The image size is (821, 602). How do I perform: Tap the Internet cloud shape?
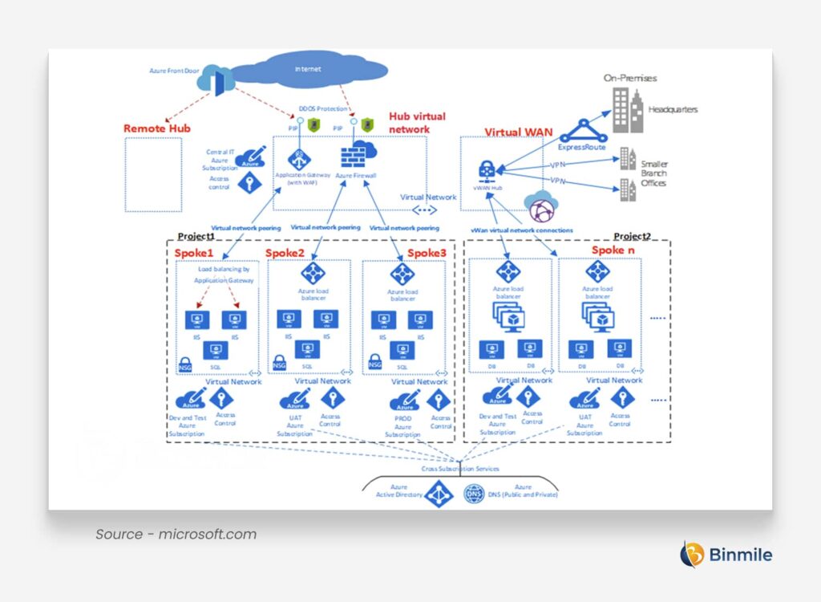[308, 70]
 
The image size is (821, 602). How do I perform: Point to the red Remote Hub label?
[157, 128]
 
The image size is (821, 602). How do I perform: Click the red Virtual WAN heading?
[519, 132]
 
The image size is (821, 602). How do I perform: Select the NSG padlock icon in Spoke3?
[374, 363]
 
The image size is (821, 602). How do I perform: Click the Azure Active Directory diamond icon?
[439, 493]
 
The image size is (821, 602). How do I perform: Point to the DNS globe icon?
[474, 493]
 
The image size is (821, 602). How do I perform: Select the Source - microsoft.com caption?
[176, 534]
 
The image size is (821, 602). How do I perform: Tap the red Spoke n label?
[613, 250]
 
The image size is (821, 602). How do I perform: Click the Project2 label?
[632, 236]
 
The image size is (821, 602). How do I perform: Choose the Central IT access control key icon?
[248, 183]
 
